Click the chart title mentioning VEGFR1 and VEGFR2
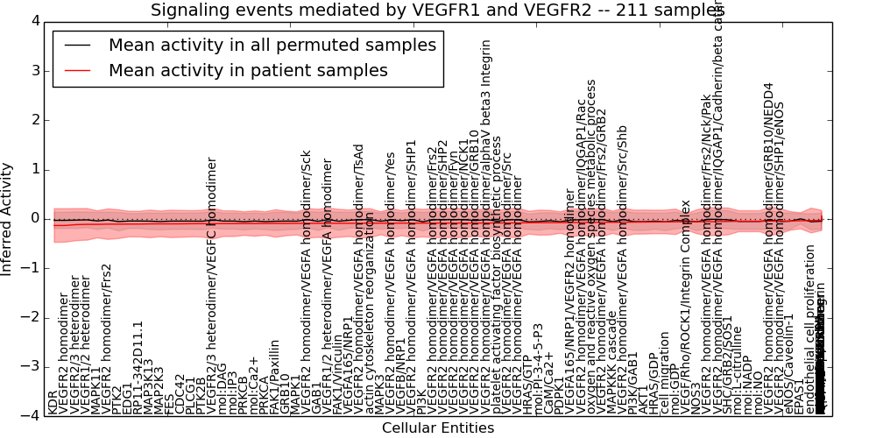coord(437,11)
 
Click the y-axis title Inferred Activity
coord(8,218)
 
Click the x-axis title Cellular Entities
coord(437,428)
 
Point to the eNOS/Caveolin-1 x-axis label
coord(789,372)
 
